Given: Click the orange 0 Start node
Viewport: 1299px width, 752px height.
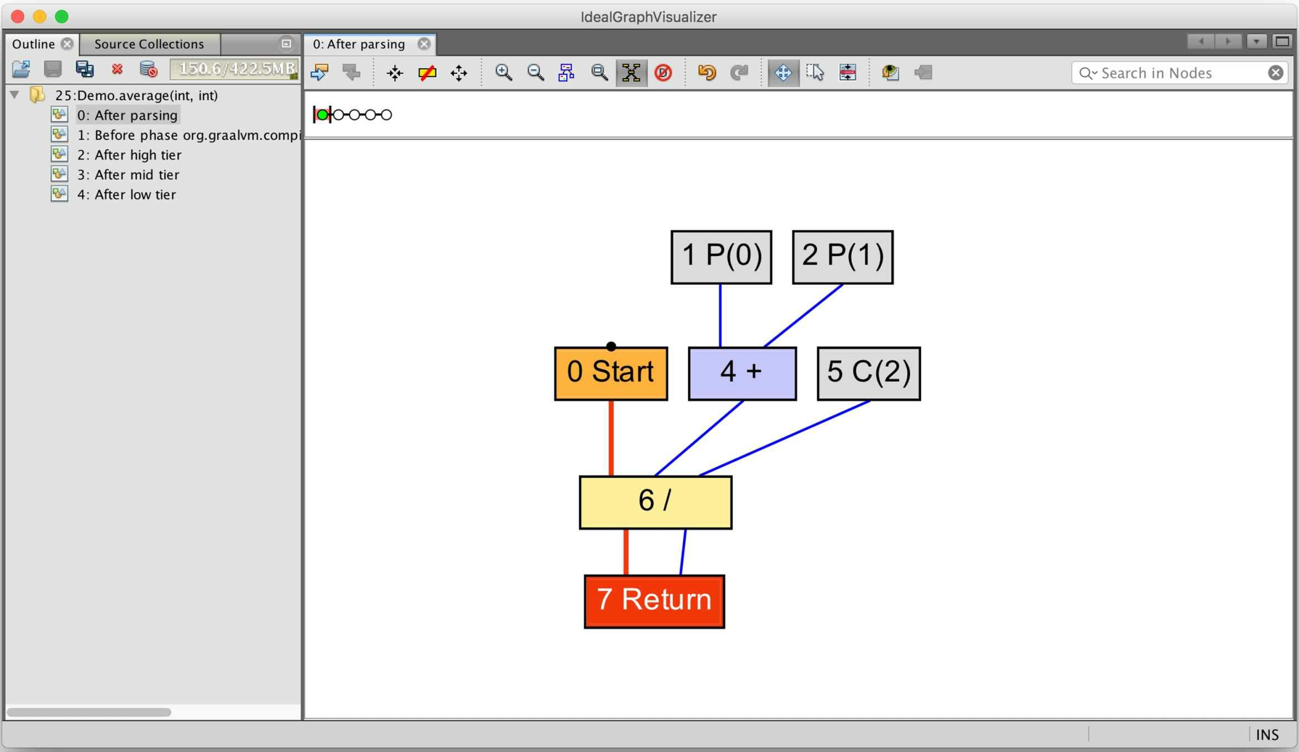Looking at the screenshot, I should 611,373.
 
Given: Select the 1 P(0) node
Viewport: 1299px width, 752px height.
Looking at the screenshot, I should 721,257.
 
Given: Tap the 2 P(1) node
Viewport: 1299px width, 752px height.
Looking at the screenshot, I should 842,257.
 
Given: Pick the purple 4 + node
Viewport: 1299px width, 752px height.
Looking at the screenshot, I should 742,373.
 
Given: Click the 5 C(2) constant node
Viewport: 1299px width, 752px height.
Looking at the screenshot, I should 868,373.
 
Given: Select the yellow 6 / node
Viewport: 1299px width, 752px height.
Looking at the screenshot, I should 655,502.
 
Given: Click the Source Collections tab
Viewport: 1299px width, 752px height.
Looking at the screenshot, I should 149,44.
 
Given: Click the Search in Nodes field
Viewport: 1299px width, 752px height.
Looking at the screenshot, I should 1180,73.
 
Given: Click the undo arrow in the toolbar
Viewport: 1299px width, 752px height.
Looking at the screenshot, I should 707,73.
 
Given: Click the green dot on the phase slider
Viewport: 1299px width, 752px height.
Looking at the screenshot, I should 323,115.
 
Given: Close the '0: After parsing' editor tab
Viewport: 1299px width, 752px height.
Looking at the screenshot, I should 424,44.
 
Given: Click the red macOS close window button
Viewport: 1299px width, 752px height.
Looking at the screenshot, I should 18,17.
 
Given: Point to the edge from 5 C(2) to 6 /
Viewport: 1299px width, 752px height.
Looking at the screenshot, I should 785,438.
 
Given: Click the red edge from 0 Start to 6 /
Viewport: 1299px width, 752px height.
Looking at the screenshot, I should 611,438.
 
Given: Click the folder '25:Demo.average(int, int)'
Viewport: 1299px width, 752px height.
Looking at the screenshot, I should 136,95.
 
